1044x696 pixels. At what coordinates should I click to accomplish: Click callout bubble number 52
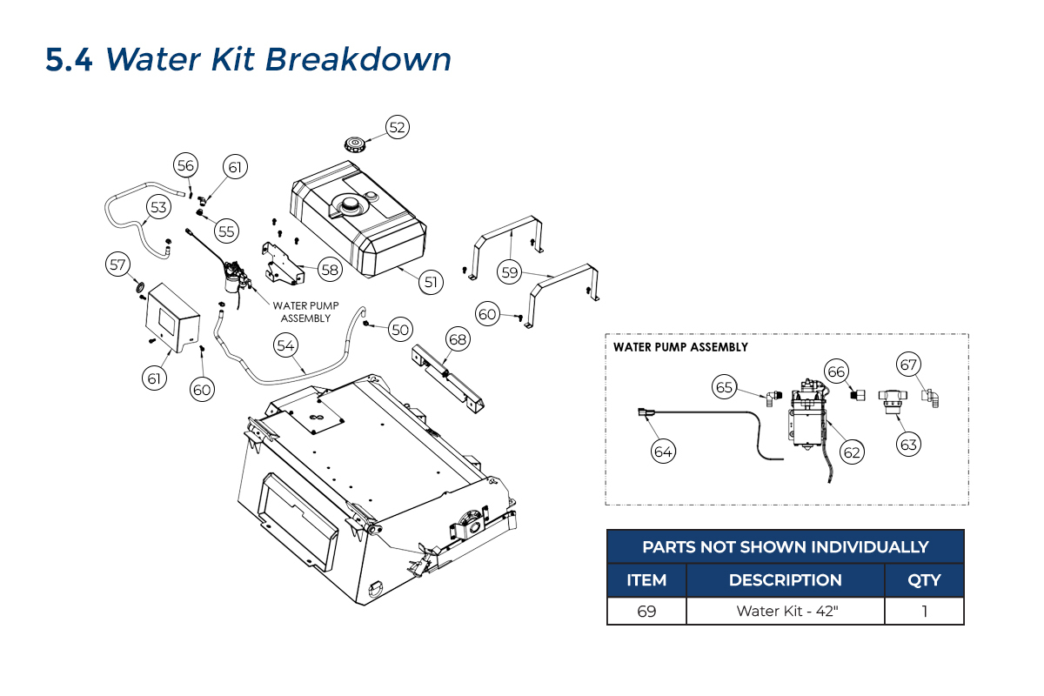(x=397, y=127)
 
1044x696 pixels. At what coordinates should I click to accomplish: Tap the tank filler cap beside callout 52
(x=354, y=144)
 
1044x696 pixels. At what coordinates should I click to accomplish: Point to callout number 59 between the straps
(x=510, y=271)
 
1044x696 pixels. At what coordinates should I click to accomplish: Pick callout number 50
(x=399, y=330)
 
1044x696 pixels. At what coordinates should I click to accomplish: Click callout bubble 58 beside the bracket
(x=330, y=270)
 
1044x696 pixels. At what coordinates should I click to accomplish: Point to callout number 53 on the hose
(x=157, y=207)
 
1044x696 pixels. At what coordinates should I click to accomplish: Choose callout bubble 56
(x=185, y=165)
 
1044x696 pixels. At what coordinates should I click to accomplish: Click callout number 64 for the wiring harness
(x=664, y=452)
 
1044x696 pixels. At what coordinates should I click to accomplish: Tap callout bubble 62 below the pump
(x=852, y=452)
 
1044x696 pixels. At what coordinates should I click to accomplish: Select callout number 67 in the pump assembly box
(x=909, y=365)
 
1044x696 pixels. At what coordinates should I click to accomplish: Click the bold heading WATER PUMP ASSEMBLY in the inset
(x=680, y=347)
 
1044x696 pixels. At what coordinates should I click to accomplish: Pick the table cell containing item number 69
(x=646, y=611)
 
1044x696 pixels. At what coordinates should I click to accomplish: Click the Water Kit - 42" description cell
(x=786, y=611)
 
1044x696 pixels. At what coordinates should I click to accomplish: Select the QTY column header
(x=924, y=580)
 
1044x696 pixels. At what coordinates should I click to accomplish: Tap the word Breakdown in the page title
(x=358, y=60)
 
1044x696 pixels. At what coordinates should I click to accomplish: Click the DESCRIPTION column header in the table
(x=786, y=580)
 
